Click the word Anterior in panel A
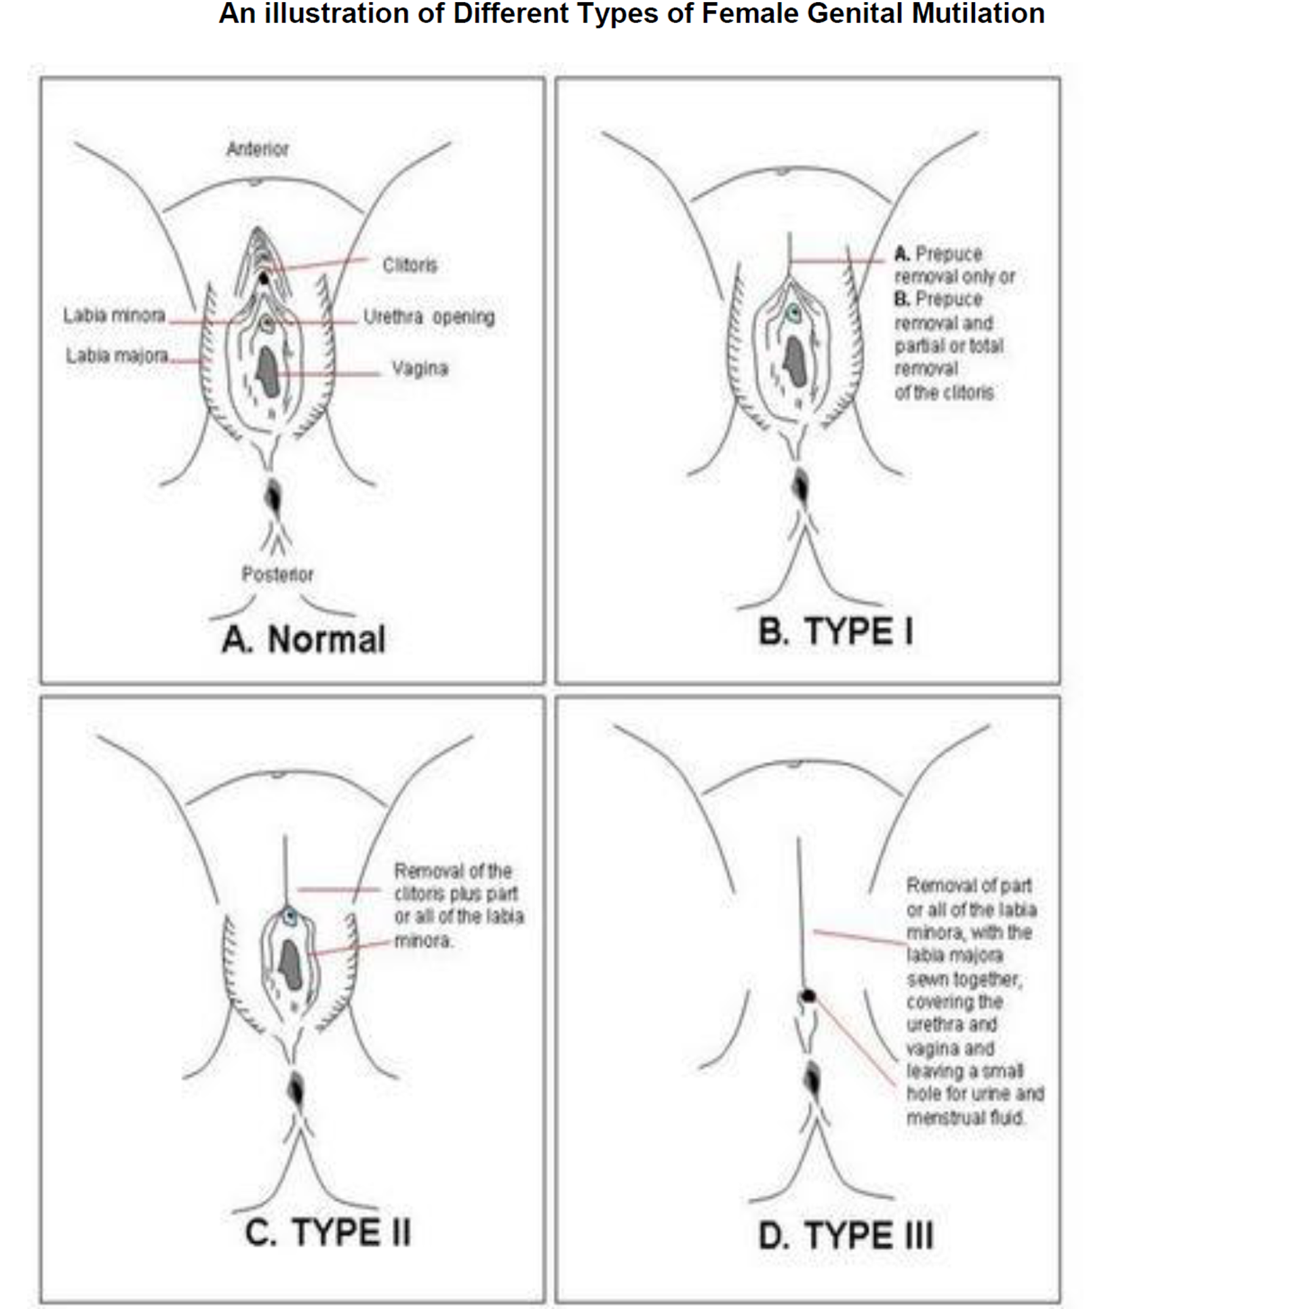point(257,148)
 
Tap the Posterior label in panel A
point(277,574)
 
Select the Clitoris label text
point(410,264)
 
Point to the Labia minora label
point(114,315)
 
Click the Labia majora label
point(117,355)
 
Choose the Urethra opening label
point(429,317)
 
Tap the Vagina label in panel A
point(420,368)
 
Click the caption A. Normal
point(304,639)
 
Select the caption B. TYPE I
point(835,632)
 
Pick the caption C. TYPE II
point(328,1232)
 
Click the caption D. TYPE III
point(846,1235)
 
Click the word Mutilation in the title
point(977,14)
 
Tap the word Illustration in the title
point(336,14)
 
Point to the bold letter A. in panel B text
point(902,254)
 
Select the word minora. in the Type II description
point(423,941)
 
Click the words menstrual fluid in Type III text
point(965,1117)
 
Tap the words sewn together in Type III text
point(964,979)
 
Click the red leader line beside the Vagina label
point(329,374)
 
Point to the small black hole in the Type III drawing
point(808,995)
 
